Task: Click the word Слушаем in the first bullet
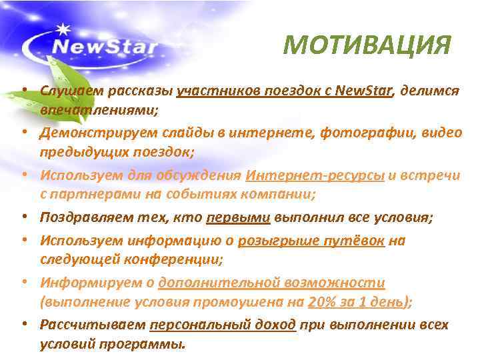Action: pos(68,90)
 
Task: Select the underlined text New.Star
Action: pos(366,90)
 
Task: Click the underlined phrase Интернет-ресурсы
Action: pos(315,175)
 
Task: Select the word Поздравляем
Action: pos(81,217)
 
